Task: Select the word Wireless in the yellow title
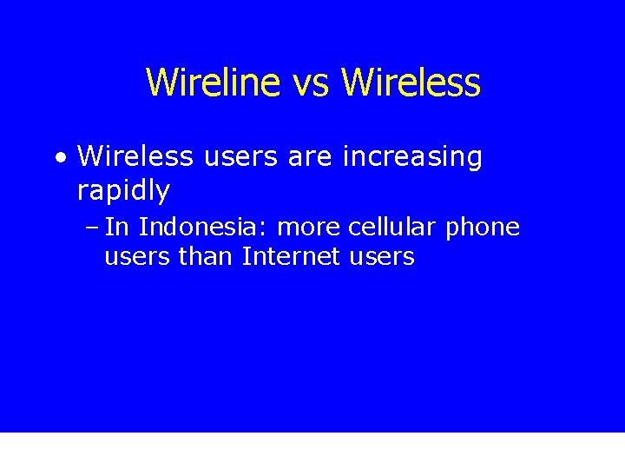(x=411, y=83)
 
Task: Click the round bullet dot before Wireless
(x=59, y=158)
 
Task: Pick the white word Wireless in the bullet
(x=135, y=157)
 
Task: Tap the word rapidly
(x=123, y=189)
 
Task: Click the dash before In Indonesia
(x=92, y=228)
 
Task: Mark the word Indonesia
(x=199, y=228)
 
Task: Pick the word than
(x=207, y=257)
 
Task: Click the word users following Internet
(x=380, y=257)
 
